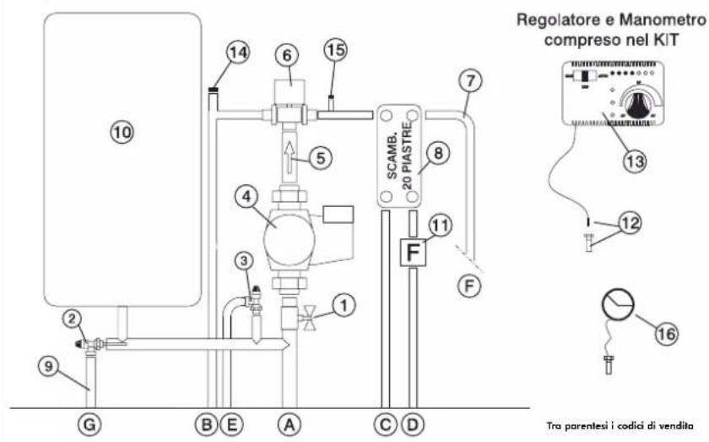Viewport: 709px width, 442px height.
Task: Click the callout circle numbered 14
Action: tap(238, 53)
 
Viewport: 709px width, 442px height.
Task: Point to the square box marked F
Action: tap(413, 252)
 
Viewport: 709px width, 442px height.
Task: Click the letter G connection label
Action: tap(89, 424)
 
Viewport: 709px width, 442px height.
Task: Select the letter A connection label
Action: tap(290, 424)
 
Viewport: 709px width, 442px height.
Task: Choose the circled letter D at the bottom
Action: tap(413, 424)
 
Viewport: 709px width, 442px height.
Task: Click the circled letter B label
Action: tap(207, 424)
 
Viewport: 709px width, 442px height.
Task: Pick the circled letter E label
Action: tap(231, 424)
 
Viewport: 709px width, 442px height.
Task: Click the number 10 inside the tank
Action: tap(122, 132)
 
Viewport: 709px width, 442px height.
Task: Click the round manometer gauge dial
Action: tap(618, 305)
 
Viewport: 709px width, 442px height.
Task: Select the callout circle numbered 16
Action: tap(667, 334)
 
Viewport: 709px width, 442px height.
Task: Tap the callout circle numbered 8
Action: tap(438, 153)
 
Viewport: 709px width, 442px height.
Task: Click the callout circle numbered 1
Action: tap(344, 306)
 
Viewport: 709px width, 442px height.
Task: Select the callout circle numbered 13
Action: tap(635, 161)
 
